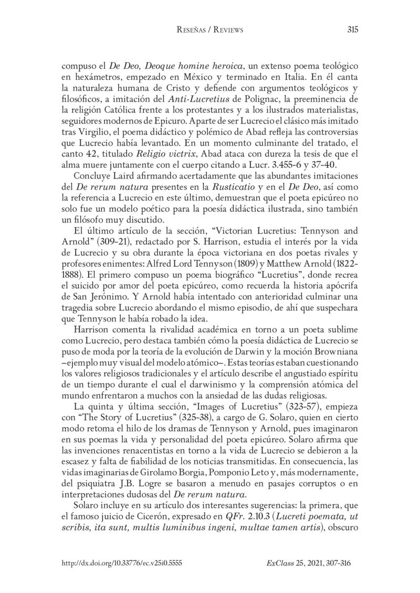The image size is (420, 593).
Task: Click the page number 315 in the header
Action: tap(352, 30)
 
